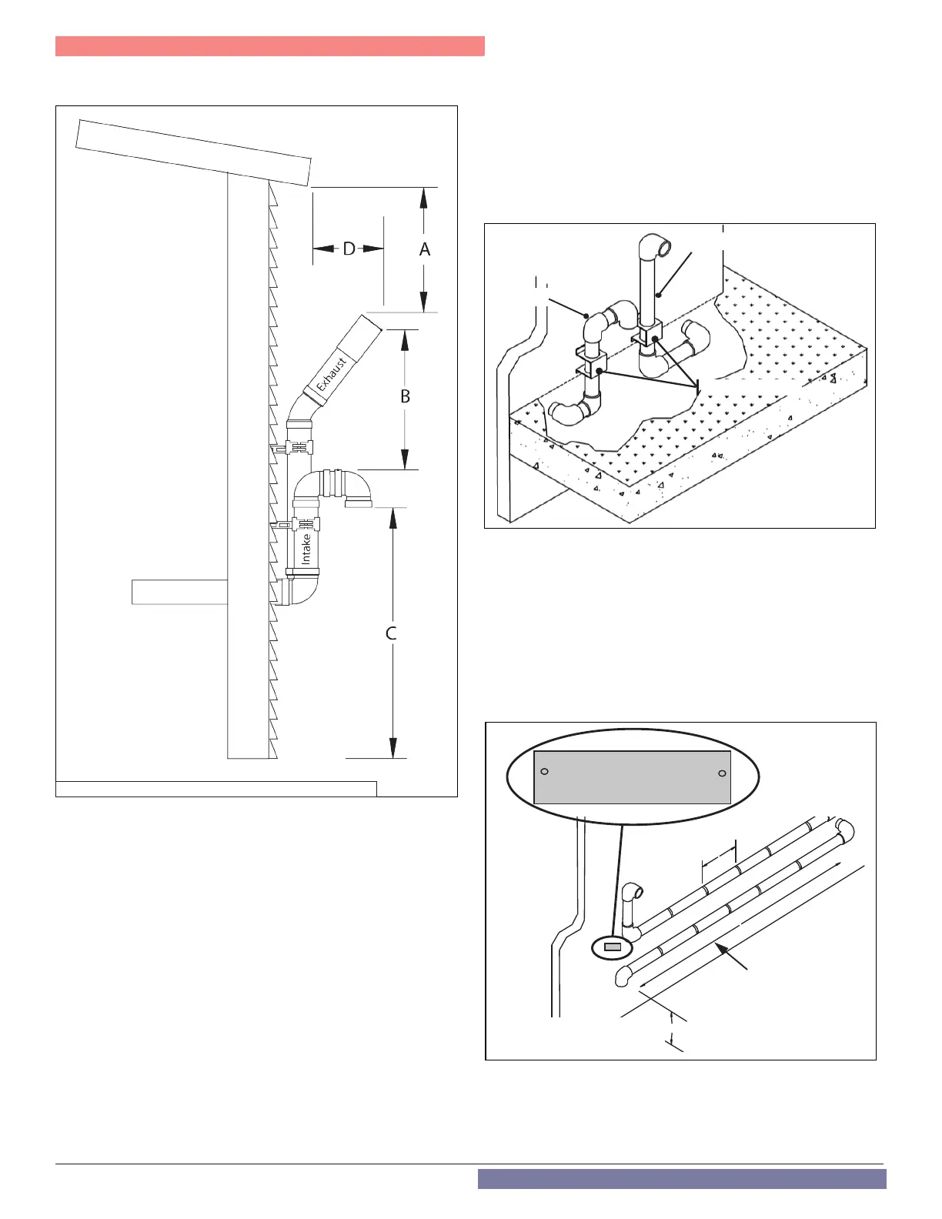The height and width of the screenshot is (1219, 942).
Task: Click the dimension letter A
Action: (424, 249)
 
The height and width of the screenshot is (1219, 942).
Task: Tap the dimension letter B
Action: (405, 397)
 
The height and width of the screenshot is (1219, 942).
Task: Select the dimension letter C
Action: (391, 633)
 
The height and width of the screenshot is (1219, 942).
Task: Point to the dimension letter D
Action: (349, 249)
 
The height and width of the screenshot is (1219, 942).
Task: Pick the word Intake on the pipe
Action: (306, 549)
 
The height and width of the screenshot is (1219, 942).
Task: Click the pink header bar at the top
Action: (269, 46)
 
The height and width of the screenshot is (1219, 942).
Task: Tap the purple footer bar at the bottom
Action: (681, 1178)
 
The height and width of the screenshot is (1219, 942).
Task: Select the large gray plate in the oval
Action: (632, 777)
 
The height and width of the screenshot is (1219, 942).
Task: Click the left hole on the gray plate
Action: (545, 771)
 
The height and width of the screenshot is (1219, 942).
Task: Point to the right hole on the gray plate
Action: (722, 773)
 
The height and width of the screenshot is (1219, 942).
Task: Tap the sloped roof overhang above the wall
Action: (193, 152)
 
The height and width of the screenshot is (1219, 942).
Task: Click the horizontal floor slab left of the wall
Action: (179, 592)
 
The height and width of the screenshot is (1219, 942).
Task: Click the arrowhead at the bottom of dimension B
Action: (406, 460)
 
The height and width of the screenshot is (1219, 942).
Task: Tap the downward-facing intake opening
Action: (358, 504)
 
